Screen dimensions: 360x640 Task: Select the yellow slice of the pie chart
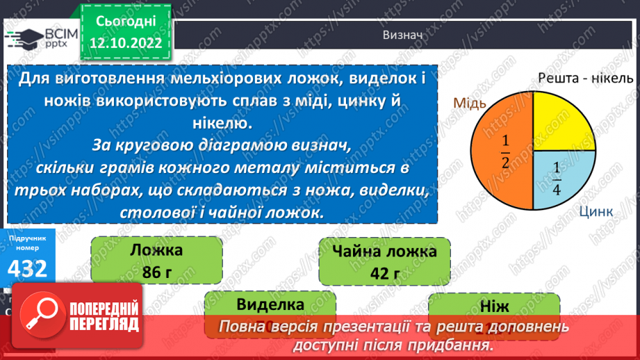coord(561,125)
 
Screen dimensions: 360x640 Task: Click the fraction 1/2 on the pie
coord(505,152)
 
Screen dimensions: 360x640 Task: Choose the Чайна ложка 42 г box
coord(384,261)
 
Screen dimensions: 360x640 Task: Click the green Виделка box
coord(270,305)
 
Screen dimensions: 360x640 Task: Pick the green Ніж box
coord(493,306)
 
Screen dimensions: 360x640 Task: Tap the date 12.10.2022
coord(126,44)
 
